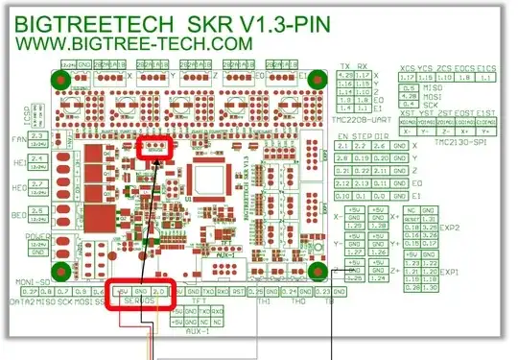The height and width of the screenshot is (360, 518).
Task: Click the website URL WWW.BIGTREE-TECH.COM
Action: coord(132,43)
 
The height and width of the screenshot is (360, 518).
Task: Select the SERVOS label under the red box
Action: coord(140,301)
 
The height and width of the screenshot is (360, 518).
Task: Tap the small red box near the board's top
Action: coord(154,148)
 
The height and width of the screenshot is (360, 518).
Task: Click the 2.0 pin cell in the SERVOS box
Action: coord(159,289)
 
